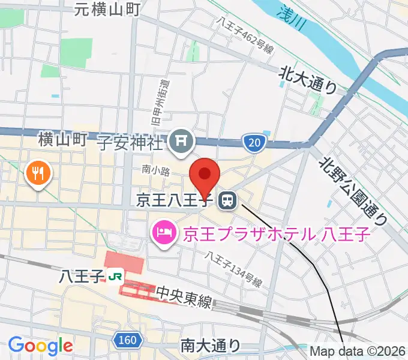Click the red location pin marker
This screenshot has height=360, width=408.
[205, 175]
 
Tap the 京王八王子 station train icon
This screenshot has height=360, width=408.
[227, 200]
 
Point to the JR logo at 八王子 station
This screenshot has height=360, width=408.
[116, 277]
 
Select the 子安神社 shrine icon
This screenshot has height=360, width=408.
[181, 142]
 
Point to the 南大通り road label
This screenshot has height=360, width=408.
[210, 346]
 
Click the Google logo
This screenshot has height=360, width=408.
[40, 345]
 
